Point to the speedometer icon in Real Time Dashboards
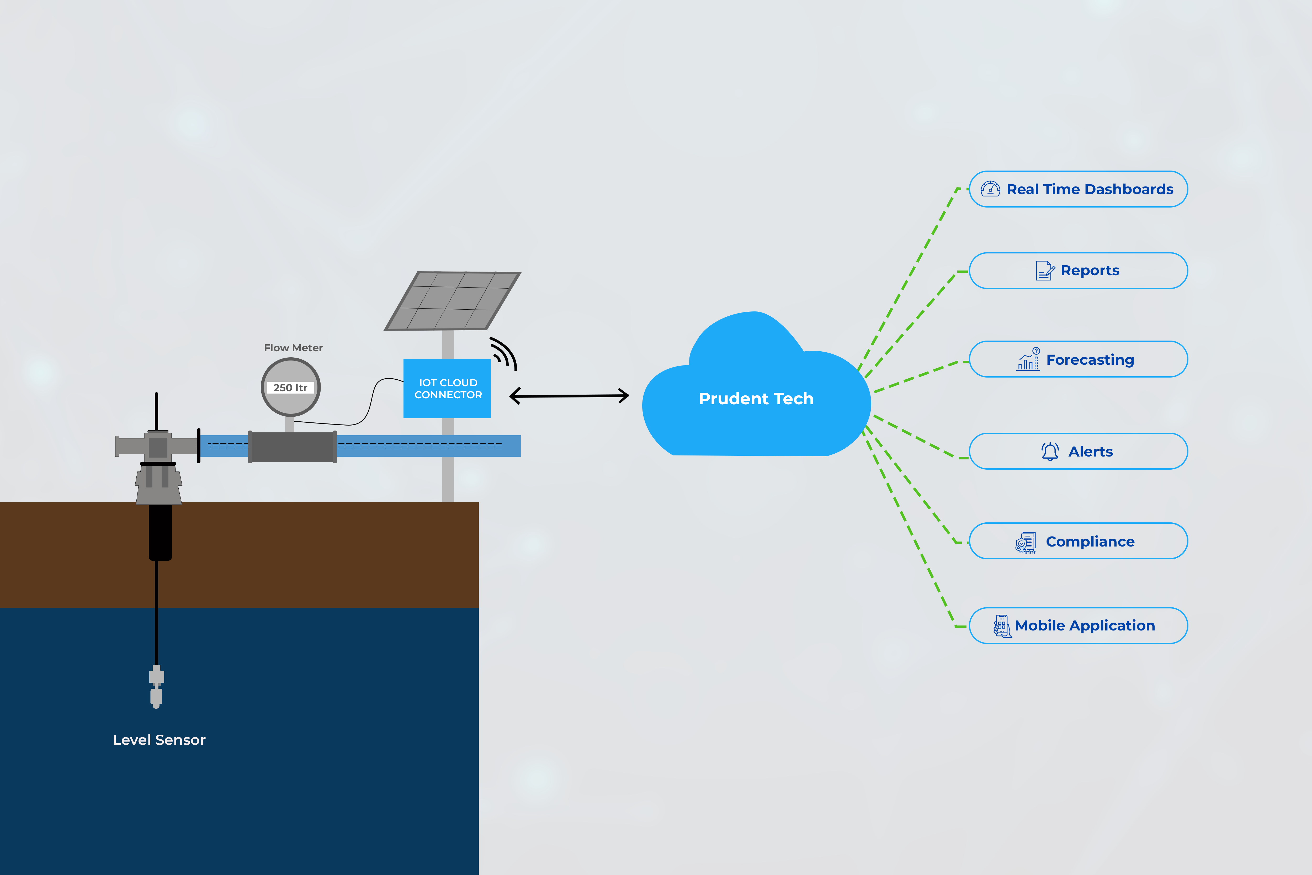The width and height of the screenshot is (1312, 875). pyautogui.click(x=990, y=189)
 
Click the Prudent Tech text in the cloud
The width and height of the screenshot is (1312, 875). pyautogui.click(x=756, y=399)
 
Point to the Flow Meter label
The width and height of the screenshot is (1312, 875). pyautogui.click(x=293, y=348)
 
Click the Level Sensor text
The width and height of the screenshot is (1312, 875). pyautogui.click(x=159, y=740)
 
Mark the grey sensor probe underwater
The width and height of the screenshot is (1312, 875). pyautogui.click(x=156, y=686)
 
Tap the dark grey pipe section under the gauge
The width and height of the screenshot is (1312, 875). pyautogui.click(x=292, y=447)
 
